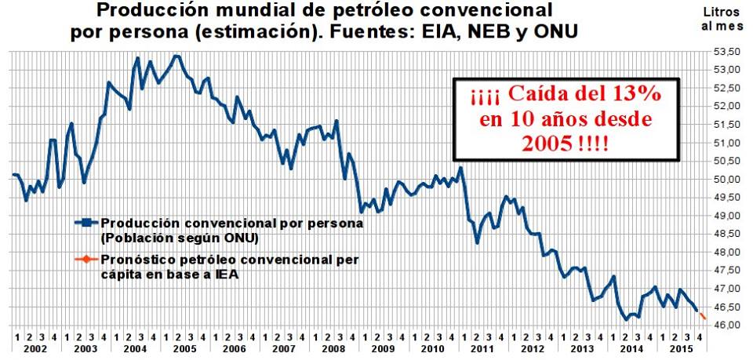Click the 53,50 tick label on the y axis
(x=726, y=52)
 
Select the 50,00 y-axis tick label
(x=726, y=180)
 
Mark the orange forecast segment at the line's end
(x=702, y=315)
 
